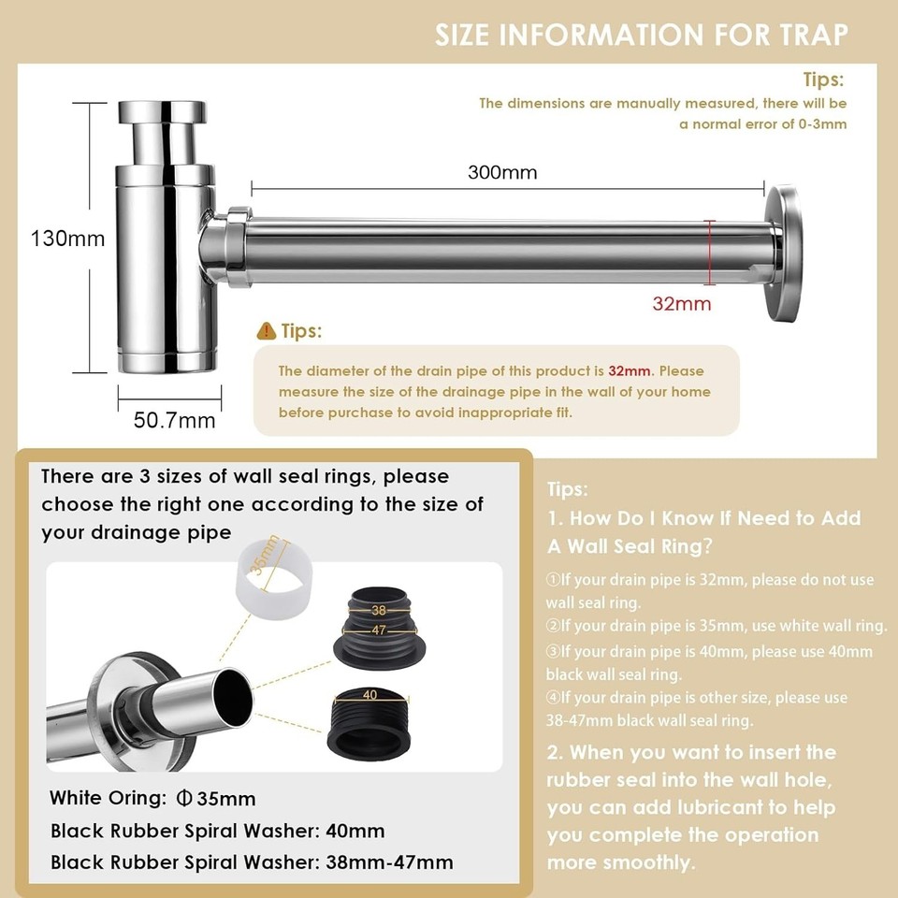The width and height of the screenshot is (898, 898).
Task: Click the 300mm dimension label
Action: tap(502, 172)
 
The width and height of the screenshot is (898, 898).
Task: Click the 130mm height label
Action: tap(67, 238)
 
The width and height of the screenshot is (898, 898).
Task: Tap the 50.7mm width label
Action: tap(174, 420)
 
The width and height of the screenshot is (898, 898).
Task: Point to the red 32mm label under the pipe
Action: tap(682, 303)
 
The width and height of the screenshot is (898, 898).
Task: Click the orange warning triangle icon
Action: tap(267, 331)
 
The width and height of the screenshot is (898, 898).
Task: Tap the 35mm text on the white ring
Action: tap(268, 558)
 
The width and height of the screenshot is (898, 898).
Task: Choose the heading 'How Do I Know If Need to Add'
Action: tap(715, 518)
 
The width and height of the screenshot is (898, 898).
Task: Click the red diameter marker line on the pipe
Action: tap(712, 253)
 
